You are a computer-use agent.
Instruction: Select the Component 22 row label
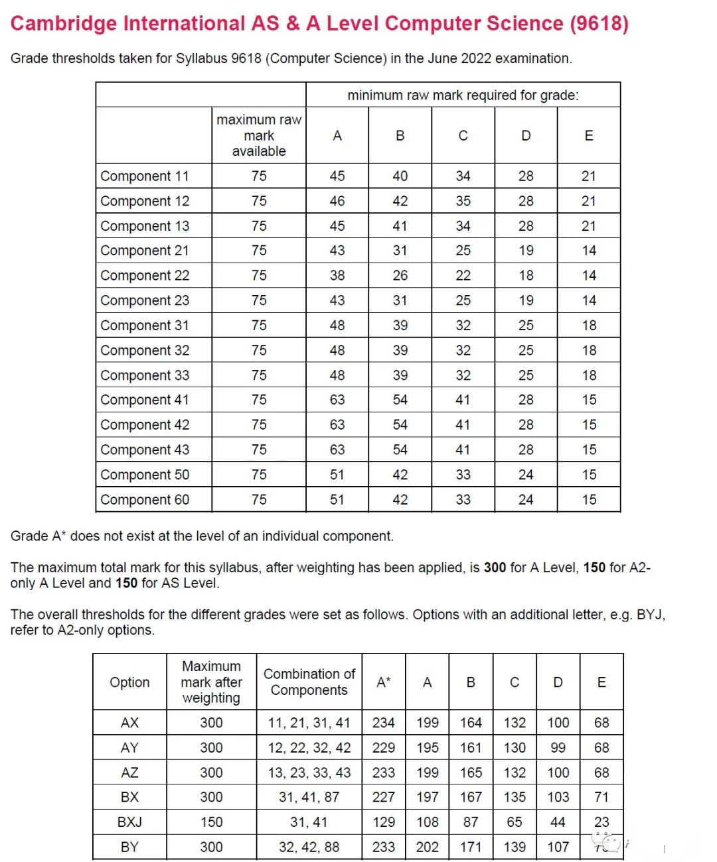pyautogui.click(x=145, y=275)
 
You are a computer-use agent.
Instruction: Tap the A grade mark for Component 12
pyautogui.click(x=337, y=201)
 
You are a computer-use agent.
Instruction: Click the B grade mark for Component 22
pyautogui.click(x=400, y=275)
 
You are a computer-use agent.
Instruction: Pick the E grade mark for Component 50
pyautogui.click(x=589, y=475)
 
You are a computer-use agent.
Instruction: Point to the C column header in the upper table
pyautogui.click(x=463, y=135)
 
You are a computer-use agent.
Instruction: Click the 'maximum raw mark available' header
pyautogui.click(x=259, y=135)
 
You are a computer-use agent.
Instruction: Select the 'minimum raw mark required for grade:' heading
pyautogui.click(x=463, y=95)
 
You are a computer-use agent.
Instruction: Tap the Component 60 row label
pyautogui.click(x=145, y=499)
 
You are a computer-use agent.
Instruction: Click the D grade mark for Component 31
pyautogui.click(x=526, y=326)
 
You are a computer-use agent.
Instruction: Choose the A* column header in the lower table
pyautogui.click(x=384, y=682)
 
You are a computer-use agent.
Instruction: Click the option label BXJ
pyautogui.click(x=129, y=822)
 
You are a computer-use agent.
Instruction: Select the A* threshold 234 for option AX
pyautogui.click(x=384, y=723)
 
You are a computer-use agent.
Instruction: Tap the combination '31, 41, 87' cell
pyautogui.click(x=309, y=797)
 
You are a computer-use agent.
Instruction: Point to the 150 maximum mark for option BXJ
pyautogui.click(x=211, y=822)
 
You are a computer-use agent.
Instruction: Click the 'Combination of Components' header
pyautogui.click(x=309, y=682)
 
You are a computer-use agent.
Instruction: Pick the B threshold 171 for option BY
pyautogui.click(x=471, y=847)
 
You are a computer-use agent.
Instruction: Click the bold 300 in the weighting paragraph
pyautogui.click(x=495, y=568)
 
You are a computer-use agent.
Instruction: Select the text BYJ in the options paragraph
pyautogui.click(x=650, y=615)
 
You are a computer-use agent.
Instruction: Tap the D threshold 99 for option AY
pyautogui.click(x=558, y=748)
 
